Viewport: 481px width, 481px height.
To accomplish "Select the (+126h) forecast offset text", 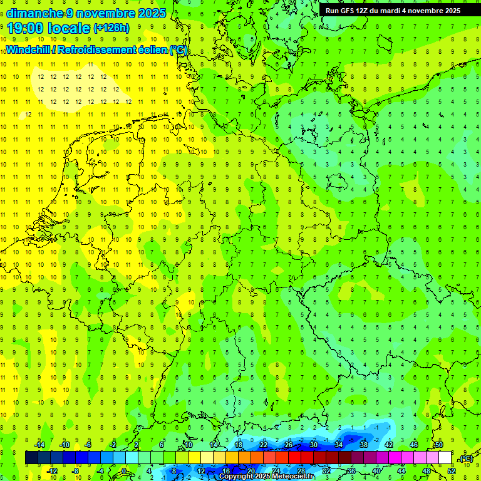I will (x=111, y=28).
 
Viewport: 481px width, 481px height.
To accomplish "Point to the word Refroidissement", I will (x=100, y=50).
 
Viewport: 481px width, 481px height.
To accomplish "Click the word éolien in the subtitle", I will (x=154, y=50).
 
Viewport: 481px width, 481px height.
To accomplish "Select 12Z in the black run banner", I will (x=367, y=11).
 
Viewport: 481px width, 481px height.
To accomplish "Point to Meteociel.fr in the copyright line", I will (x=293, y=477).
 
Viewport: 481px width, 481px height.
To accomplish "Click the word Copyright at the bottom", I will (x=237, y=477).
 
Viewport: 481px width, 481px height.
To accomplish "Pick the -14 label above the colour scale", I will (x=41, y=445).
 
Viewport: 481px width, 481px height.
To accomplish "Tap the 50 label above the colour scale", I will (x=439, y=445).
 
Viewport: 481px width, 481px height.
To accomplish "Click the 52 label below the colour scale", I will (x=452, y=471).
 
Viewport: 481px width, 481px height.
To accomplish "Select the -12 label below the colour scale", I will (x=53, y=471).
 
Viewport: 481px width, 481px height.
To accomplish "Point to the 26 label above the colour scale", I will (x=289, y=445).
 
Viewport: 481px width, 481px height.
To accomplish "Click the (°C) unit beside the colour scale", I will (x=465, y=459).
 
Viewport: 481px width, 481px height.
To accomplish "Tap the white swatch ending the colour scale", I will (x=445, y=458).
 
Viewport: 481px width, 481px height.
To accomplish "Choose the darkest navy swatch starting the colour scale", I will (x=31, y=458).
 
